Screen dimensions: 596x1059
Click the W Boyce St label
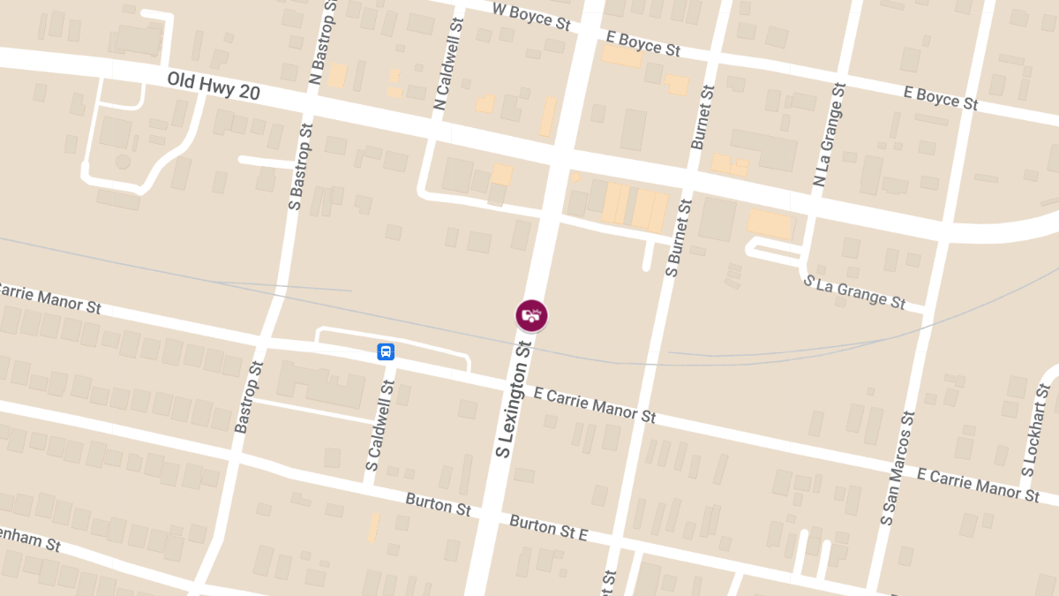[x=531, y=16]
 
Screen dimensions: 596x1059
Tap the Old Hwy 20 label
[x=214, y=86]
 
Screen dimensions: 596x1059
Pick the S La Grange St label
[x=854, y=291]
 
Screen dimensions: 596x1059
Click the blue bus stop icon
[x=386, y=351]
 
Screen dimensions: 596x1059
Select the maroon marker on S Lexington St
[x=531, y=315]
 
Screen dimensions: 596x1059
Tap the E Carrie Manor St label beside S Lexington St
[x=595, y=404]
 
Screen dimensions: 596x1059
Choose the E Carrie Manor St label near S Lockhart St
[x=978, y=485]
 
